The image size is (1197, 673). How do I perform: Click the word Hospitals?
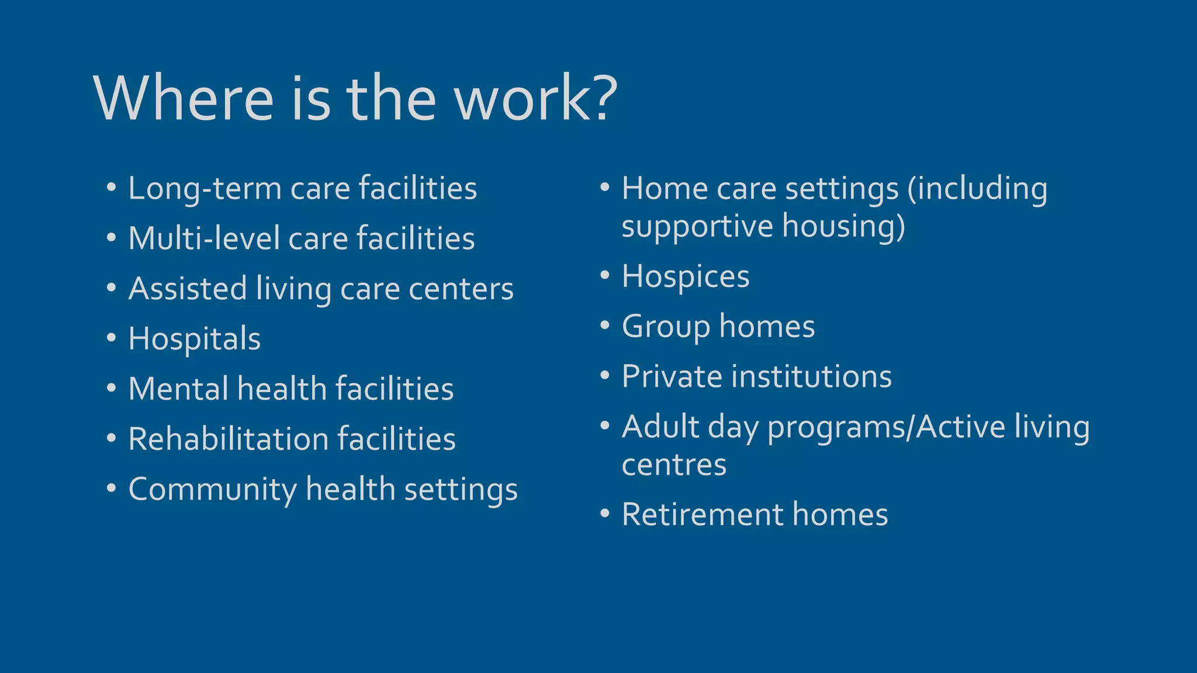click(194, 339)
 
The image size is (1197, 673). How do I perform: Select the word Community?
click(212, 490)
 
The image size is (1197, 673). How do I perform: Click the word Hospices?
click(685, 276)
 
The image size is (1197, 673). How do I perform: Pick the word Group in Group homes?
click(665, 327)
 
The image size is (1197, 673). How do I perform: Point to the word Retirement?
click(703, 515)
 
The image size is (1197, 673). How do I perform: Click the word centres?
click(674, 465)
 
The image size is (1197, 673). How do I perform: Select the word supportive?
click(697, 227)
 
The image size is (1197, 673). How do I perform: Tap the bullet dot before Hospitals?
click(112, 338)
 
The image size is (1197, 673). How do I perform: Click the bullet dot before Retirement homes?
click(605, 514)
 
